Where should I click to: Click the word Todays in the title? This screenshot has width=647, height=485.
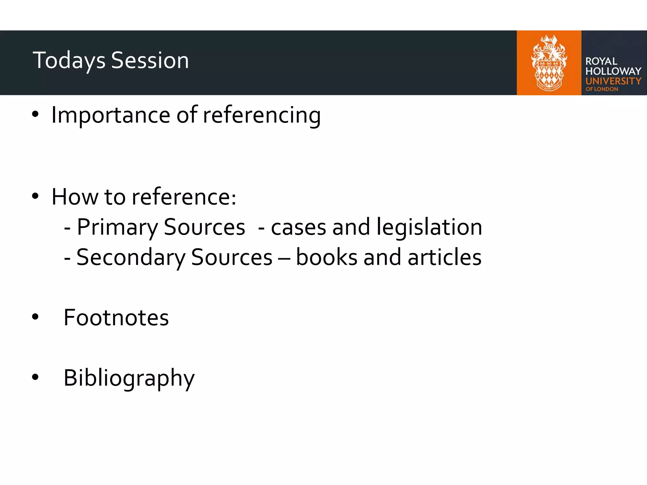pyautogui.click(x=69, y=61)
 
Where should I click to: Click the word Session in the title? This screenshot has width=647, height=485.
pyautogui.click(x=150, y=61)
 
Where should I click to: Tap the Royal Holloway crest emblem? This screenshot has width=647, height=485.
pyautogui.click(x=549, y=63)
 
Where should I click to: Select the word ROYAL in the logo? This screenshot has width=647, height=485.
pyautogui.click(x=601, y=61)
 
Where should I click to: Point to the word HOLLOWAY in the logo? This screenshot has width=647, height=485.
pyautogui.click(x=613, y=71)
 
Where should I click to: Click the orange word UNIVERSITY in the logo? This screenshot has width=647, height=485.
pyautogui.click(x=613, y=81)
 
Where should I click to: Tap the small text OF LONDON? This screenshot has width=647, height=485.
pyautogui.click(x=602, y=89)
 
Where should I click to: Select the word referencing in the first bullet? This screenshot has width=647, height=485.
pyautogui.click(x=262, y=115)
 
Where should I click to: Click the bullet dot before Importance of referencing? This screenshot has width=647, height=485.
pyautogui.click(x=35, y=115)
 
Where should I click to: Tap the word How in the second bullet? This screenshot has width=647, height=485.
pyautogui.click(x=75, y=197)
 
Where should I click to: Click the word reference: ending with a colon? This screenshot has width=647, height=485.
pyautogui.click(x=184, y=197)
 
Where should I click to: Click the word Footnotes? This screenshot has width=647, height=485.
pyautogui.click(x=116, y=318)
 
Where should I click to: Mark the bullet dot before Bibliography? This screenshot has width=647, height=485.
pyautogui.click(x=35, y=377)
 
